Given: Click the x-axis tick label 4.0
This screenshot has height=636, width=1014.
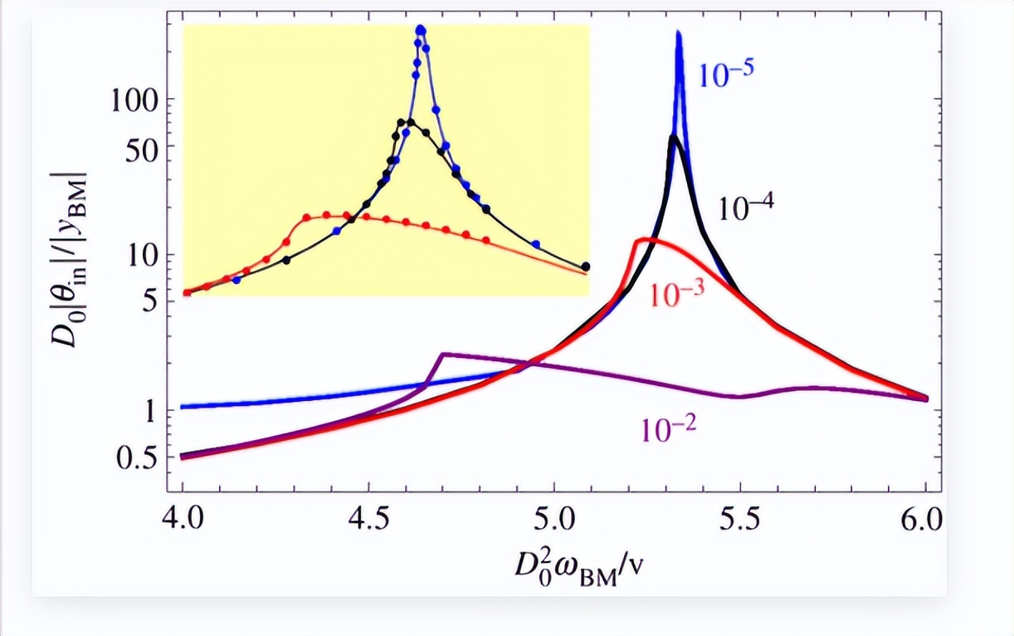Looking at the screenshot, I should (182, 523).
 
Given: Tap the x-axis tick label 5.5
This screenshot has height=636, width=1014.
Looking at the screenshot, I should (740, 523).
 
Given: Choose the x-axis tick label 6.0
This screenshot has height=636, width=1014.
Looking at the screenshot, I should (925, 523).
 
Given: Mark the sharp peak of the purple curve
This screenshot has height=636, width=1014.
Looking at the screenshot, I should (444, 355).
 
